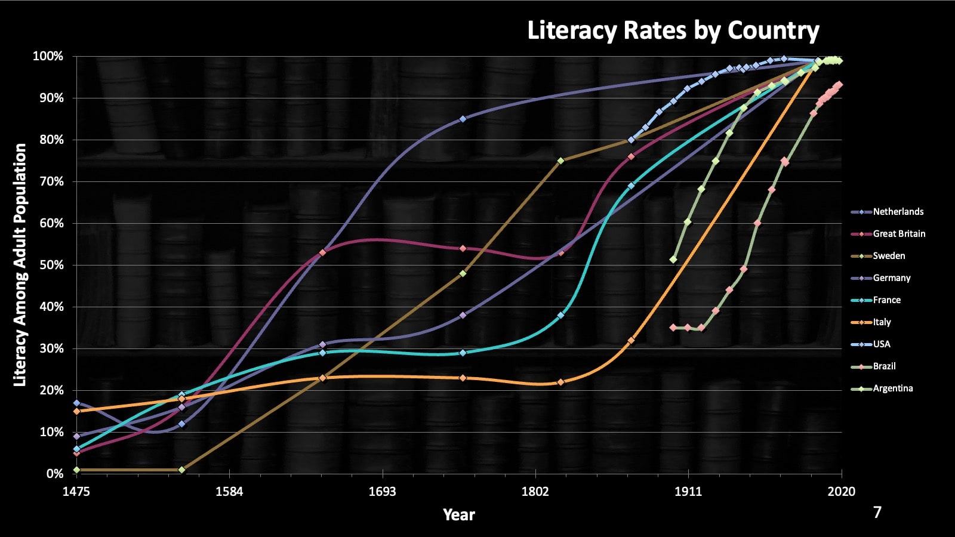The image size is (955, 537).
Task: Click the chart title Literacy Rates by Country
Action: click(x=673, y=30)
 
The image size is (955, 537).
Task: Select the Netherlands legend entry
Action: click(x=898, y=212)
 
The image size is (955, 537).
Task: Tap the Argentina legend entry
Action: click(x=892, y=388)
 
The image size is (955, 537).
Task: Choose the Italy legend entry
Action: click(x=882, y=322)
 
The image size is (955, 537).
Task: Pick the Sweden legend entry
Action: click(x=889, y=256)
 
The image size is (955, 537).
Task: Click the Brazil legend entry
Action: click(x=884, y=366)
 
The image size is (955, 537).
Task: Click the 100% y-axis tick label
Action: click(x=48, y=57)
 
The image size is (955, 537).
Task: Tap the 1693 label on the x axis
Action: click(x=382, y=492)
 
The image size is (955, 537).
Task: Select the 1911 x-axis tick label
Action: click(x=688, y=492)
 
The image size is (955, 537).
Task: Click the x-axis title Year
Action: click(x=458, y=515)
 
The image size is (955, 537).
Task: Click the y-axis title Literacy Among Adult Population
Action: click(x=20, y=265)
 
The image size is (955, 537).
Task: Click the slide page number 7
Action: click(x=877, y=513)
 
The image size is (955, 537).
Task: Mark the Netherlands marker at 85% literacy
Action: click(x=463, y=119)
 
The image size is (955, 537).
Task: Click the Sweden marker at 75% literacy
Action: click(x=560, y=161)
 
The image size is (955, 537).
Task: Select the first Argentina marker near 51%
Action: click(x=673, y=260)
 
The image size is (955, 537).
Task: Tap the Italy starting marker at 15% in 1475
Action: click(x=76, y=411)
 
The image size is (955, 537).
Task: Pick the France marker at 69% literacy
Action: click(x=631, y=186)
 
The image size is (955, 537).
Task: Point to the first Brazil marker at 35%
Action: click(x=673, y=328)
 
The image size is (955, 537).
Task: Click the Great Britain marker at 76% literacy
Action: click(x=631, y=157)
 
